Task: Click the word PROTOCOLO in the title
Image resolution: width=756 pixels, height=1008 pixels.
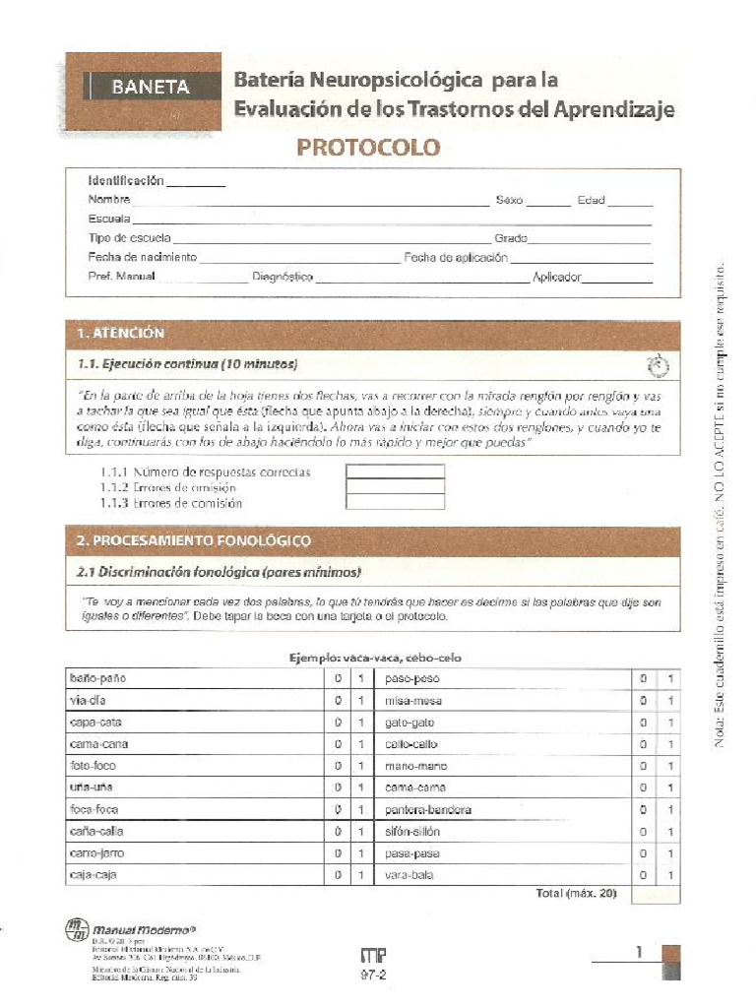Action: [369, 148]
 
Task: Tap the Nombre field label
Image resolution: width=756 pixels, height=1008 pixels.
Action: [108, 200]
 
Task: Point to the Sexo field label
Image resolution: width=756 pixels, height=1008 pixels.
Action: [509, 200]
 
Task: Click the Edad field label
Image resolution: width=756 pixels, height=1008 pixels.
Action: [591, 200]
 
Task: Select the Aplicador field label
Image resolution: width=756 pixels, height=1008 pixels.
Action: [557, 278]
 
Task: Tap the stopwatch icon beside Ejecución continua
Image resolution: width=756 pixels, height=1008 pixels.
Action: [660, 366]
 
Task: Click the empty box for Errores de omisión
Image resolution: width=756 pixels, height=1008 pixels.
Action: [395, 487]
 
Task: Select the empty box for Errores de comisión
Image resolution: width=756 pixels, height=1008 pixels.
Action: [395, 503]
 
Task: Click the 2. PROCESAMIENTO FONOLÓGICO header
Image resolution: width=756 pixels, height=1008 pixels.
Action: [194, 540]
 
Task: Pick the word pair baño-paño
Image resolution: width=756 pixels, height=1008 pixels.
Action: [97, 679]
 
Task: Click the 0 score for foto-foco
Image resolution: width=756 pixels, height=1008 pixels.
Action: [337, 766]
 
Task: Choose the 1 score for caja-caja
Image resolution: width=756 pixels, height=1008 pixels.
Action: [361, 875]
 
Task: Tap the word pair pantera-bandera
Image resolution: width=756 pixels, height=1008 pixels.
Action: [428, 810]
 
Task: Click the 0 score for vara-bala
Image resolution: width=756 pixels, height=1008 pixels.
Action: [643, 875]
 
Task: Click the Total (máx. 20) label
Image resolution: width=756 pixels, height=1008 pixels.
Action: [576, 893]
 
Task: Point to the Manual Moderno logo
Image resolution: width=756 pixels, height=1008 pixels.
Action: [129, 928]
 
